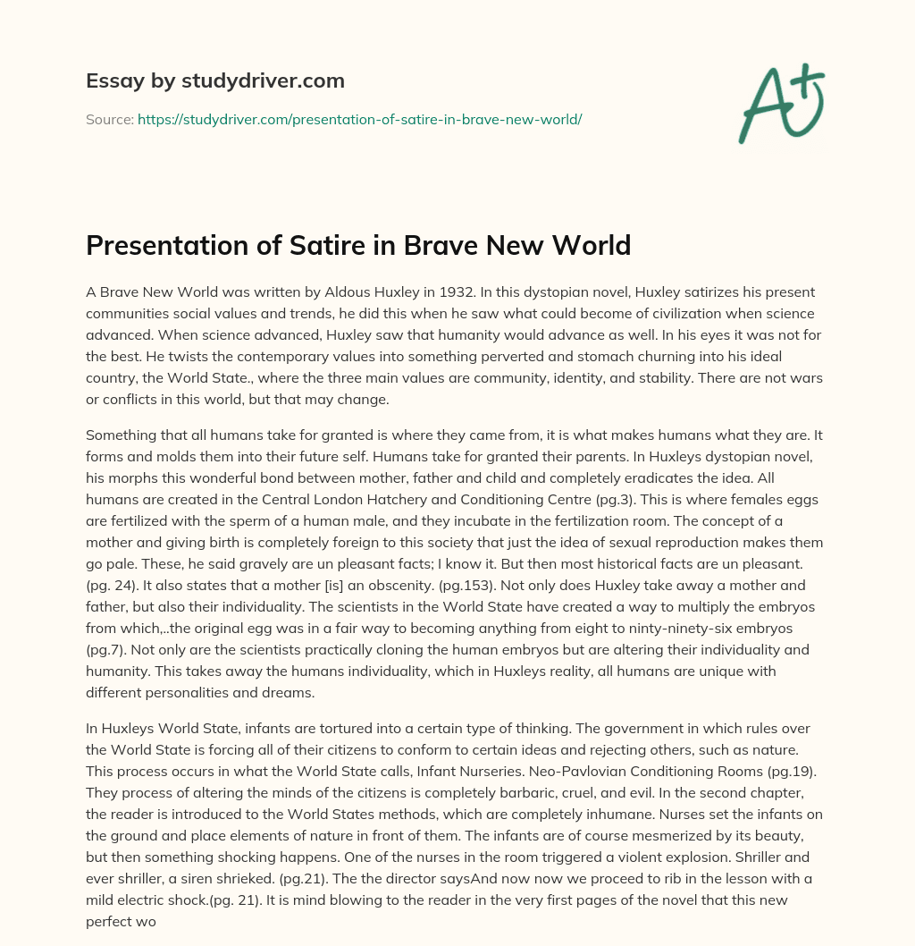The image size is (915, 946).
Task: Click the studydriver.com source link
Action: [x=359, y=119]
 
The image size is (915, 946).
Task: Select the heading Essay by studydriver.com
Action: [x=214, y=81]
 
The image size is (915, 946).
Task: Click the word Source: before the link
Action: [x=109, y=119]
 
